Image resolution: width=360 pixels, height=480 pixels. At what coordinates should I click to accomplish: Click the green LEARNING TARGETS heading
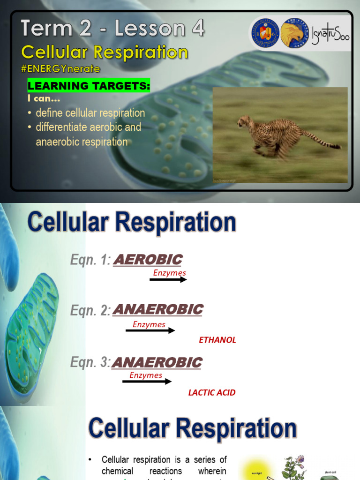(x=89, y=85)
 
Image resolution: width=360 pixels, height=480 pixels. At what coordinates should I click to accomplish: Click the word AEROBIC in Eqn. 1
(x=148, y=260)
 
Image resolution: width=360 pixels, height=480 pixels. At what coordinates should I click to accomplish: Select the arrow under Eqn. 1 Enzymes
(x=168, y=280)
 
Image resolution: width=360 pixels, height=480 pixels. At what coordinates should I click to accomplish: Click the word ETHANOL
(x=217, y=340)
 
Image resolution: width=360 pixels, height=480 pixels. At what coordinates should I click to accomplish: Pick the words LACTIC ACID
(x=212, y=393)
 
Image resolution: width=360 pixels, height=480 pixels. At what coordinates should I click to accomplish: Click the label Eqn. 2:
(x=90, y=310)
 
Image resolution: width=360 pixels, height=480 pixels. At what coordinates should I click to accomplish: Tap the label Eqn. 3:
(x=90, y=363)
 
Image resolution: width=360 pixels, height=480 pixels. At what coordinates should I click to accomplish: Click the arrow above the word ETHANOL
(x=150, y=330)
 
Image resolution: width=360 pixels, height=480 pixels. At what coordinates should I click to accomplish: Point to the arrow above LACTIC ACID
(x=147, y=382)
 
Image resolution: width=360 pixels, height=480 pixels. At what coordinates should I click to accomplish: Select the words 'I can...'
(x=44, y=99)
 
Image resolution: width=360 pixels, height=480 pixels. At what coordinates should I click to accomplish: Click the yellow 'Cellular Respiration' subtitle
(x=105, y=52)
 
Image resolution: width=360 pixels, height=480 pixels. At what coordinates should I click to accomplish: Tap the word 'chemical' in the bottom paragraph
(x=117, y=471)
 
